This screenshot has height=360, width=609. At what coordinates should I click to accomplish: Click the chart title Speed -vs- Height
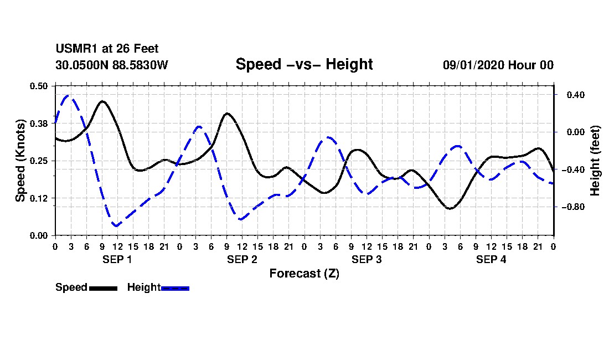click(304, 64)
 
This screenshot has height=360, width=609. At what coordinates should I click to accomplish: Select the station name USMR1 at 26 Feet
click(107, 49)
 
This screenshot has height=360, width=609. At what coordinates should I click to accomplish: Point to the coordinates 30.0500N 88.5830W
click(111, 65)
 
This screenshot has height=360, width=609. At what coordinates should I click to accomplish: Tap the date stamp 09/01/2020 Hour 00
click(498, 65)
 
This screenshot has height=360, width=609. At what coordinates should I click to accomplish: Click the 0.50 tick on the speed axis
click(38, 86)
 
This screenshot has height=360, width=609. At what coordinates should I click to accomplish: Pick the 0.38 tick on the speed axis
click(38, 124)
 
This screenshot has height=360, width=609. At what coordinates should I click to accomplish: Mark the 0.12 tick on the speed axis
click(38, 198)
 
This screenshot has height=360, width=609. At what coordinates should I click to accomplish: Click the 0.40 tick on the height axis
click(576, 95)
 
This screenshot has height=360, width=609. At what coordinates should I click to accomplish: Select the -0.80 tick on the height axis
click(573, 207)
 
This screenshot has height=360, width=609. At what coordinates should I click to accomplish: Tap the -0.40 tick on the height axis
click(573, 169)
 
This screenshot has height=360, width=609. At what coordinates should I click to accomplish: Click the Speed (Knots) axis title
click(20, 161)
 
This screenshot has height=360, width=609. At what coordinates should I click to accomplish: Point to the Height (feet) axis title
click(595, 161)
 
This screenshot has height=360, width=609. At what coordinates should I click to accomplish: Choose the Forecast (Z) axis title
click(304, 274)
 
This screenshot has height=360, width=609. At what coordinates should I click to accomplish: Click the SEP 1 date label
click(117, 259)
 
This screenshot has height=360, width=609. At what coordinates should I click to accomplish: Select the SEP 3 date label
click(367, 259)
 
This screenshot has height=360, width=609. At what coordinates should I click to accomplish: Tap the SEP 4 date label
click(491, 259)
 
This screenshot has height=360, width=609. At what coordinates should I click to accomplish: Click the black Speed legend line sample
click(104, 288)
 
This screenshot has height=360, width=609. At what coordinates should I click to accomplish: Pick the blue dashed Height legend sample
click(175, 288)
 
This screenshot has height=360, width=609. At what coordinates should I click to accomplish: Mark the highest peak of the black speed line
click(102, 101)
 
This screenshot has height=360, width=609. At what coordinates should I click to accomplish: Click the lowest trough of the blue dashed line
click(116, 225)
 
